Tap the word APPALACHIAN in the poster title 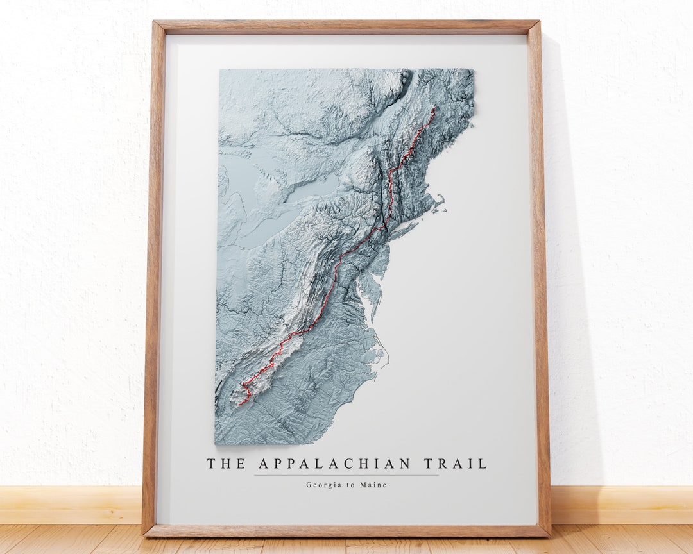click(x=335, y=464)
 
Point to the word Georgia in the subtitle click(x=325, y=485)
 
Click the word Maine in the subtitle click(x=375, y=485)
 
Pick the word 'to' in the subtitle click(x=352, y=485)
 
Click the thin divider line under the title click(x=346, y=475)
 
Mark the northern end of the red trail click(x=434, y=107)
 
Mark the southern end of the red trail click(x=238, y=405)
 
